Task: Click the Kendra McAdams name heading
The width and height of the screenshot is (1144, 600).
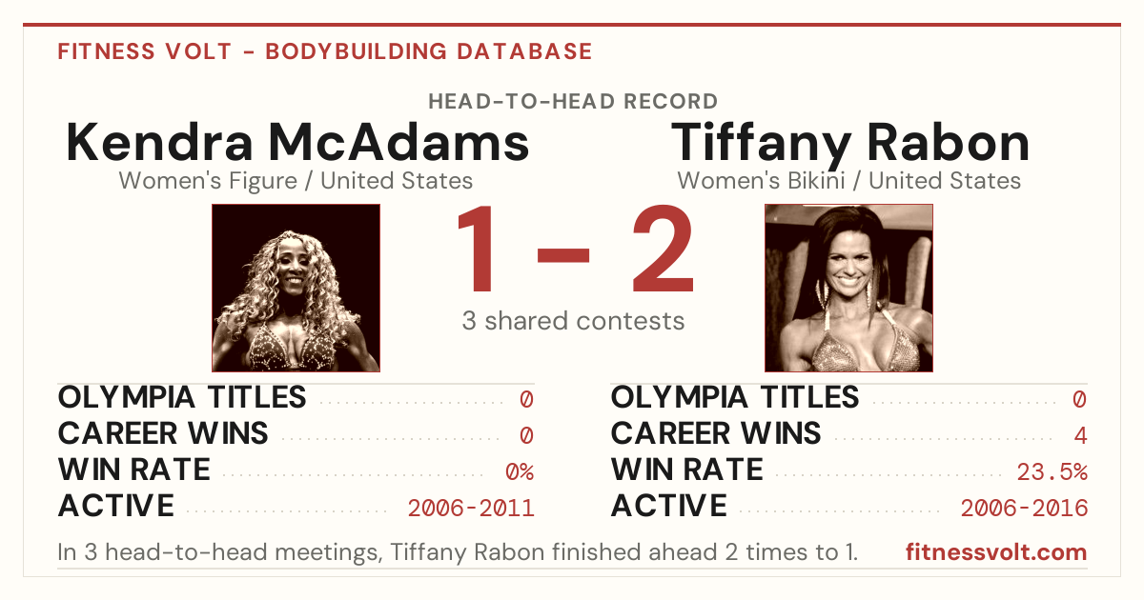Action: click(297, 142)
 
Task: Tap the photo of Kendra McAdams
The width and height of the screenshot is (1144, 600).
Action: click(296, 288)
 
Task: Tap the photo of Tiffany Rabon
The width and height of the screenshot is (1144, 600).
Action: click(848, 288)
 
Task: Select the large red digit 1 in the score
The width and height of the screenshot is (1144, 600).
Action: click(477, 248)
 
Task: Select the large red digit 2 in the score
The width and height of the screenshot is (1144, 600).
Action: click(664, 248)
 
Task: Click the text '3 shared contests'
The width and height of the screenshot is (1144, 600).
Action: click(573, 321)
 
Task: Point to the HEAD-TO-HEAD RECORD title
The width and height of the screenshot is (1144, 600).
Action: click(573, 102)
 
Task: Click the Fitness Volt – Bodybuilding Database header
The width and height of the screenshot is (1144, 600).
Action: click(325, 51)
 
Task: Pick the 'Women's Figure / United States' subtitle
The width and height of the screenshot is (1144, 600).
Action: click(296, 181)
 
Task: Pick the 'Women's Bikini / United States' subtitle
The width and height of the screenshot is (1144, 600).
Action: click(848, 181)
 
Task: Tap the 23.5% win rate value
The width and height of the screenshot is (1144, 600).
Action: click(1052, 472)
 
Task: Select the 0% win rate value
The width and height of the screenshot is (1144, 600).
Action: click(520, 472)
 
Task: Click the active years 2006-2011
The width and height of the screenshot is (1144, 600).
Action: click(471, 509)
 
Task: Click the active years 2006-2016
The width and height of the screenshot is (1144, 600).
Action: click(1024, 509)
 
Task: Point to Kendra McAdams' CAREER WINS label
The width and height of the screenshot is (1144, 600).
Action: click(163, 433)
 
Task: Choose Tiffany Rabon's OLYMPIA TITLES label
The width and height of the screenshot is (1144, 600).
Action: click(735, 397)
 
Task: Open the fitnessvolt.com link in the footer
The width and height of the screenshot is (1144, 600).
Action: click(996, 552)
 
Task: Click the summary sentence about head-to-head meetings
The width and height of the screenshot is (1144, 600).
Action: click(458, 552)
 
